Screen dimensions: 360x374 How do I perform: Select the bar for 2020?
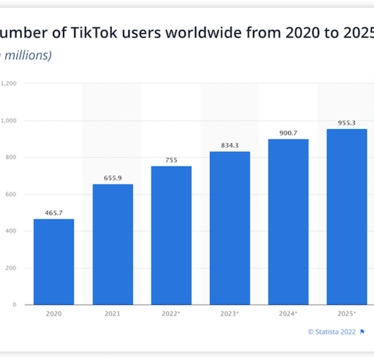click(54, 262)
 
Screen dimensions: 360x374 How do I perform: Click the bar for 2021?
click(113, 245)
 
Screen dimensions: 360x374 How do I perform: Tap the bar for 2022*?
click(171, 235)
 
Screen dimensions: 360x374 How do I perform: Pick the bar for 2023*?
click(229, 228)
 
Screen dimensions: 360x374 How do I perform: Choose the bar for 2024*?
click(288, 221)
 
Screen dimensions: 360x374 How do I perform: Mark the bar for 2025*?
click(347, 216)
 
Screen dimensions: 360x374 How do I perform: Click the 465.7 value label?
click(54, 213)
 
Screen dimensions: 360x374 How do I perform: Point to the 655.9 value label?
click(113, 178)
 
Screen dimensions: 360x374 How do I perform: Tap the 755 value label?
click(171, 160)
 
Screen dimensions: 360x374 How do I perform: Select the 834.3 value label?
click(229, 145)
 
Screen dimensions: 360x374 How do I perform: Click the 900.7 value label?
click(288, 132)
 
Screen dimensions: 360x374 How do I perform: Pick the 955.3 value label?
click(347, 123)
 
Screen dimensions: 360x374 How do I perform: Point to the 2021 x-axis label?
click(113, 314)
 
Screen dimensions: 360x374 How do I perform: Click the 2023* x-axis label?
click(229, 314)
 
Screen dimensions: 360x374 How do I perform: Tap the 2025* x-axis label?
click(347, 314)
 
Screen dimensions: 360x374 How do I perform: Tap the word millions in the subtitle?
click(28, 55)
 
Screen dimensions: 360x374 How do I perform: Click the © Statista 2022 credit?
click(332, 332)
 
